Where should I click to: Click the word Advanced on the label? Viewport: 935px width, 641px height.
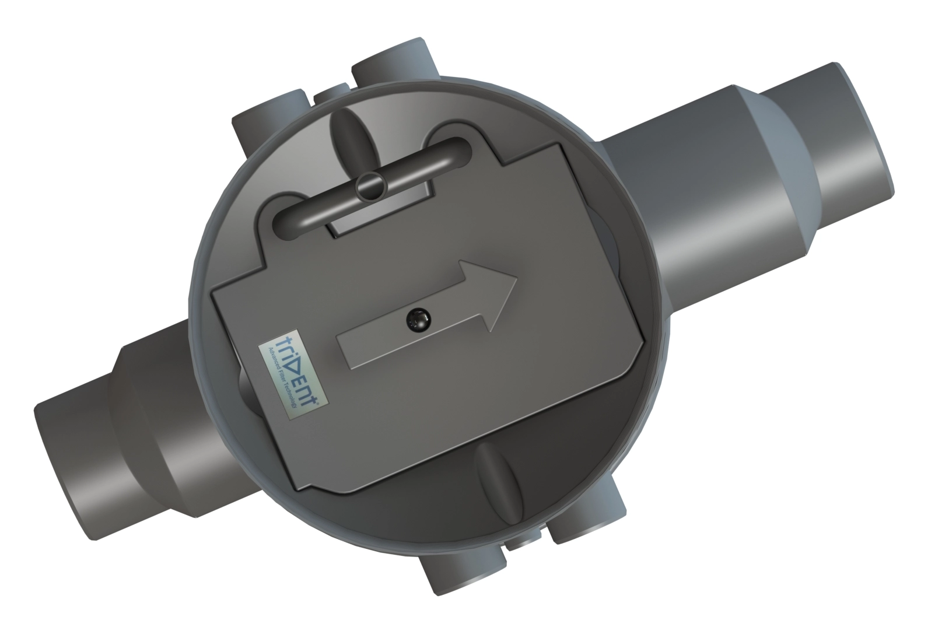(x=274, y=357)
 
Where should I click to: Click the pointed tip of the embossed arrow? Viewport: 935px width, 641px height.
(x=516, y=279)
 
